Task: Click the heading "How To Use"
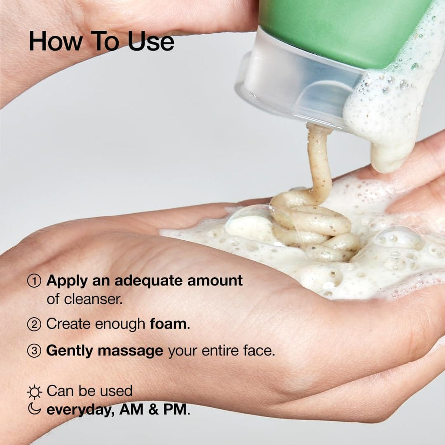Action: tap(101, 42)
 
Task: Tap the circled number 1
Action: tap(34, 281)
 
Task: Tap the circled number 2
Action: tap(34, 324)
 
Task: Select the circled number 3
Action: tap(34, 351)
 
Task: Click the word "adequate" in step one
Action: tap(142, 281)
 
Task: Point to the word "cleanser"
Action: tap(91, 299)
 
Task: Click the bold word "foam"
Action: tap(169, 324)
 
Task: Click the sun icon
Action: tap(34, 392)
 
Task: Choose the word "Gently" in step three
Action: tap(70, 351)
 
